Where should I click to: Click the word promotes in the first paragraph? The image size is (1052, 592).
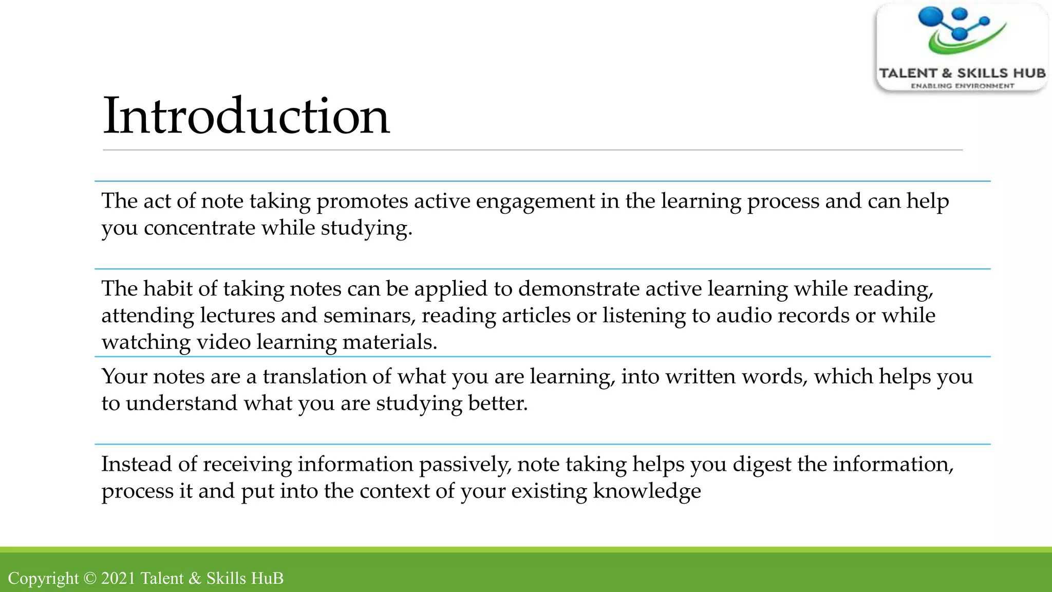point(362,201)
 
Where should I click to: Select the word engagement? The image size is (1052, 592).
point(535,201)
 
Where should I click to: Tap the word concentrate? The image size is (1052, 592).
point(199,228)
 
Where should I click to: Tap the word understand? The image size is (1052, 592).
point(182,403)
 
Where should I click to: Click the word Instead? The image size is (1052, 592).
point(136,465)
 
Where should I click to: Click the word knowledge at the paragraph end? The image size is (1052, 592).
point(647,491)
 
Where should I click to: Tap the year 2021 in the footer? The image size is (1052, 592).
point(118,579)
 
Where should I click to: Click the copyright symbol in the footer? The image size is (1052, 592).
point(90,579)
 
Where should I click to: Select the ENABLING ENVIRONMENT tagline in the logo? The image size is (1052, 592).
point(962,86)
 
